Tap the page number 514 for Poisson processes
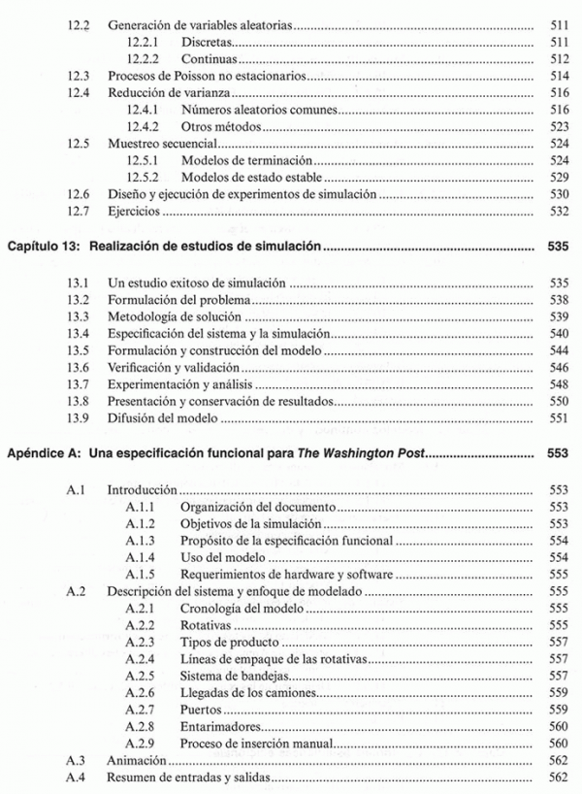(557, 75)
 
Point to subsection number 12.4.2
(143, 126)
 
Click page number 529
(557, 178)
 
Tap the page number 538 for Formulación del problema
(557, 300)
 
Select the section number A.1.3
(143, 540)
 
